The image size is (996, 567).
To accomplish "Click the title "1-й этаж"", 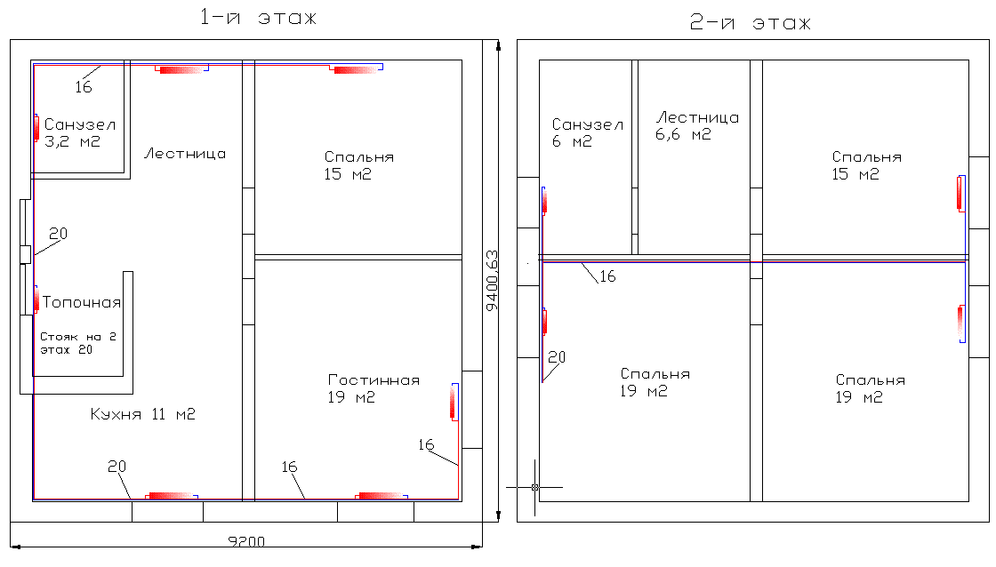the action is pos(258,17).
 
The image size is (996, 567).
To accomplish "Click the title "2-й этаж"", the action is pos(751,23).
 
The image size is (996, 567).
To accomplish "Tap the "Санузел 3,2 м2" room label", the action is pos(79,132).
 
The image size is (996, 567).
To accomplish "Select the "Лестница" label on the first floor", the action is pos(185,154).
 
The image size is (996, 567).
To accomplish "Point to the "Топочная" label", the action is pos(82,302).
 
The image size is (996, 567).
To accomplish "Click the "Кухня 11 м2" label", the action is pos(142,414).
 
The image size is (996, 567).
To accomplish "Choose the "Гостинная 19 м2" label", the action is pos(373,388).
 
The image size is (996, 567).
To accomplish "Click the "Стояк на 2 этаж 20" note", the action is pos(78,343).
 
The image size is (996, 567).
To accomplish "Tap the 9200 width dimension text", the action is pos(246,541).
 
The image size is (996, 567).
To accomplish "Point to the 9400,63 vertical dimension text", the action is pos(492,281).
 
